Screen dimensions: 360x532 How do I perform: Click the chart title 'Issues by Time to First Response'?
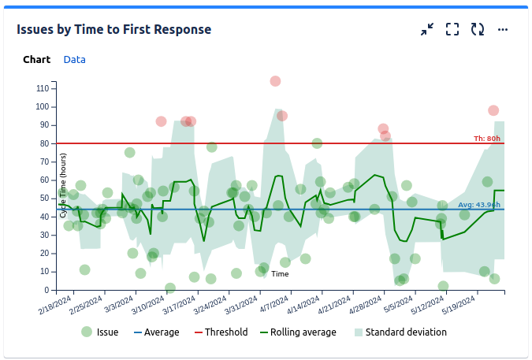114,30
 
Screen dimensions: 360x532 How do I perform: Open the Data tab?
75,60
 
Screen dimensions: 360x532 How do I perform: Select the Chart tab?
36,60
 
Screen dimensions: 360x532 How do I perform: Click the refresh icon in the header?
477,30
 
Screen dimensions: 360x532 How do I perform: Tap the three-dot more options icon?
503,30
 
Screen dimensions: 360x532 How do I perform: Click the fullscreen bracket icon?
452,30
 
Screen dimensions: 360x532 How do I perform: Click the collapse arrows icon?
426,30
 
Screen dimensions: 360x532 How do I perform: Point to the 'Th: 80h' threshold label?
486,139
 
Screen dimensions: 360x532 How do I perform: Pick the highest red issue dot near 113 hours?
275,81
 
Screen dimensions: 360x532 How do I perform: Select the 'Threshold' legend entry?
221,332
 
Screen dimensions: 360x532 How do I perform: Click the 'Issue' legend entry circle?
87,332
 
